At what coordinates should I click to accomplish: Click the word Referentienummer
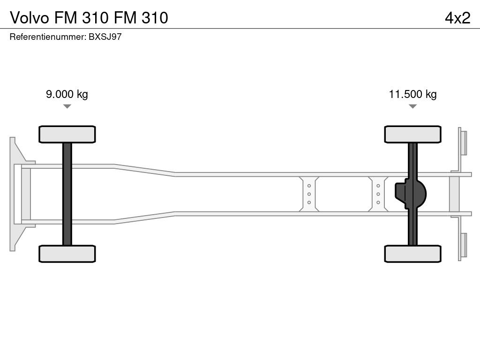[x=47, y=37]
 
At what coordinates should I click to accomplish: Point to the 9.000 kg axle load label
[x=67, y=94]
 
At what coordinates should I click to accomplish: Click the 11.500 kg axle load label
[x=412, y=94]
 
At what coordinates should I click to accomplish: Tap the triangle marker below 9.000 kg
[x=67, y=106]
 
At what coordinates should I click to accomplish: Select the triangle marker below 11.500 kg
[x=412, y=106]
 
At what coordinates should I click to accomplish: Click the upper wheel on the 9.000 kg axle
[x=67, y=134]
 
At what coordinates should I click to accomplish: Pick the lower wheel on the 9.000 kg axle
[x=67, y=254]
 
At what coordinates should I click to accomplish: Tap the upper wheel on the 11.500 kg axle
[x=412, y=134]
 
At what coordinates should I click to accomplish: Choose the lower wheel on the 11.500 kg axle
[x=412, y=254]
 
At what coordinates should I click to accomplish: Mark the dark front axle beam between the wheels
[x=67, y=194]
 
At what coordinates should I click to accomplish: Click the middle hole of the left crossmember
[x=309, y=194]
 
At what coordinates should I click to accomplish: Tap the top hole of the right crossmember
[x=378, y=186]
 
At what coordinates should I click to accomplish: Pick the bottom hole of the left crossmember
[x=309, y=202]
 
